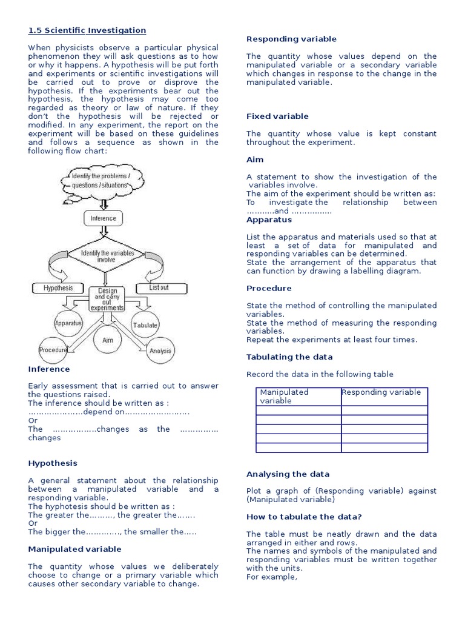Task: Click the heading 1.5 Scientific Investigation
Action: (x=87, y=30)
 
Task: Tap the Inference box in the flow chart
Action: (x=104, y=218)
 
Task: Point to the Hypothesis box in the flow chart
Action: (x=58, y=288)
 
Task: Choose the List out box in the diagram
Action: (x=159, y=287)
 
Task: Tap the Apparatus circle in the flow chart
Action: (x=68, y=323)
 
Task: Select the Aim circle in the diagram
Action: (x=107, y=340)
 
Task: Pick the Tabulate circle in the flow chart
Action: (x=145, y=325)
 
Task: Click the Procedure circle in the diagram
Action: (x=53, y=350)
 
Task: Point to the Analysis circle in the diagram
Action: (x=160, y=351)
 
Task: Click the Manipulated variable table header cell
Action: (x=298, y=397)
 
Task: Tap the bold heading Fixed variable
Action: (x=277, y=116)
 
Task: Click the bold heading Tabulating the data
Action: (x=289, y=357)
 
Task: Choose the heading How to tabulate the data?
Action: (x=304, y=517)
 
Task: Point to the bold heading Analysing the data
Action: (x=288, y=474)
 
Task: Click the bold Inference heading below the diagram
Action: (x=49, y=369)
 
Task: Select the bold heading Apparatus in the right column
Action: (x=269, y=220)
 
